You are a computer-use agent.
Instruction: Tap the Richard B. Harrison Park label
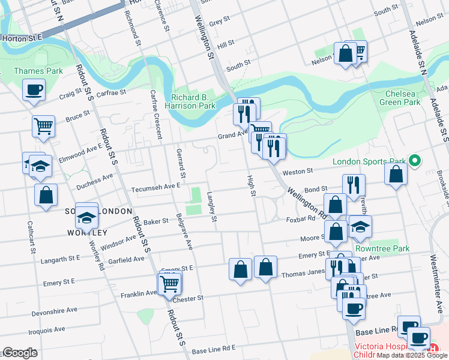point(193,101)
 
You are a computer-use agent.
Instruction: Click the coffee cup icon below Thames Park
point(34,91)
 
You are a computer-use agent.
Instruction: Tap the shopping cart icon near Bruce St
point(43,126)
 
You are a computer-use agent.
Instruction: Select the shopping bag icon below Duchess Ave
point(46,194)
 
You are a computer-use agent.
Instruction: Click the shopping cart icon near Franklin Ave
point(170,282)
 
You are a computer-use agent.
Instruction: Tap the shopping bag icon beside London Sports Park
point(396,174)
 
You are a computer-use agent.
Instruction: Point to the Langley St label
point(211,206)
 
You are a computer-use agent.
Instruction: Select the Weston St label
point(303,172)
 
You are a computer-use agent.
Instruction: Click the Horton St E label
point(22,37)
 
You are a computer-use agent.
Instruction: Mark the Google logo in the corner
point(20,353)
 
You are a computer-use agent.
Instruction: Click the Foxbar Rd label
point(301,219)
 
